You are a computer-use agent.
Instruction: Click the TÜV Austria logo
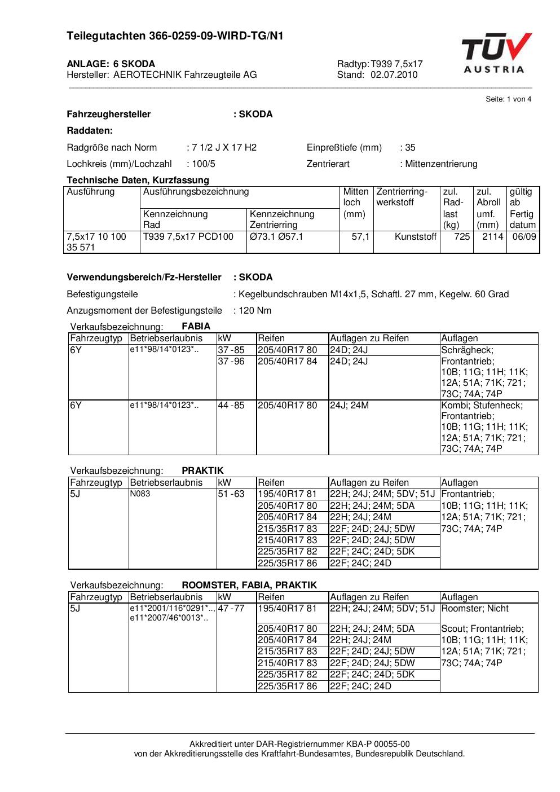point(495,54)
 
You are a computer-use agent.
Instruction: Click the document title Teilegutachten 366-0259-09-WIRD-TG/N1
point(175,36)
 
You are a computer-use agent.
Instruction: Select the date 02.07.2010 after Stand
point(394,74)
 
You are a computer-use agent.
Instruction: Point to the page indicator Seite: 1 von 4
point(508,99)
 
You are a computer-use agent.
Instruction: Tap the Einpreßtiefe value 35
point(410,148)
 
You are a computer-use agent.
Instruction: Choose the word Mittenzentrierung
point(441,164)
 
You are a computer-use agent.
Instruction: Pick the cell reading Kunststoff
point(416,237)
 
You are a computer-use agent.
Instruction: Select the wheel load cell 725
point(462,237)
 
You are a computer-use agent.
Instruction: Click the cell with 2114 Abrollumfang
point(492,237)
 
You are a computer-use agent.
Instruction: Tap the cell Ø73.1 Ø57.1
point(276,237)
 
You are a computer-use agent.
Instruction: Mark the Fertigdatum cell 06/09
point(524,237)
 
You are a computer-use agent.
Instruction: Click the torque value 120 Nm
point(255,310)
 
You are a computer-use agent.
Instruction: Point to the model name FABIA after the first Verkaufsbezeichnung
point(196,326)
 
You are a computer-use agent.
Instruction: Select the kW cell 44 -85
point(231,406)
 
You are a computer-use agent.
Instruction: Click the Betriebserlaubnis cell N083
point(140,494)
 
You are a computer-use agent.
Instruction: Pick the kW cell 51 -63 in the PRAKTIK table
point(231,494)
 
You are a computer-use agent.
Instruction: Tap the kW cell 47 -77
point(231,609)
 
